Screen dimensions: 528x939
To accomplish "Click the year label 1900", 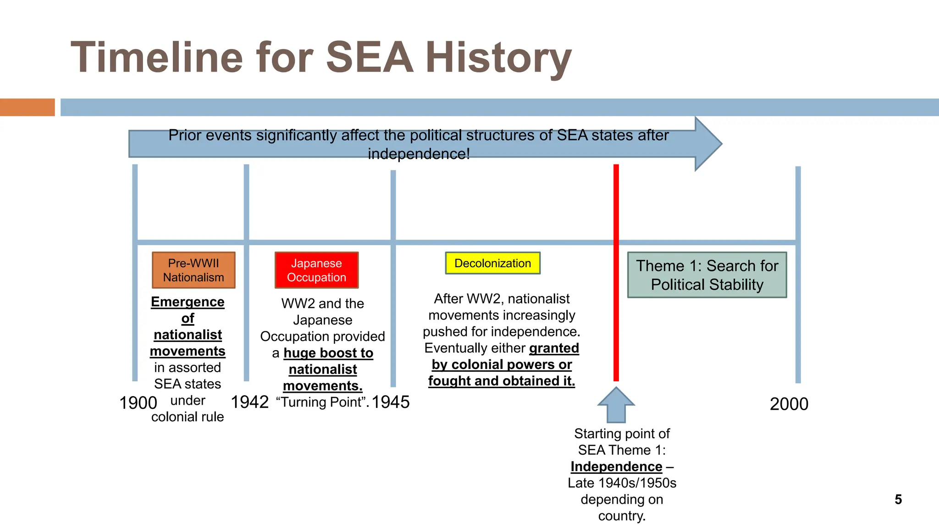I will pos(138,403).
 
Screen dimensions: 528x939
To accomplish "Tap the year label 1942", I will pos(249,402).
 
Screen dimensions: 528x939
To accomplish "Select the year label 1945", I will pos(391,402).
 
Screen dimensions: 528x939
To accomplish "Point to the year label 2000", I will pos(789,404).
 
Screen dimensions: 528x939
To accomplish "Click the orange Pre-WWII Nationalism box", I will pos(193,270).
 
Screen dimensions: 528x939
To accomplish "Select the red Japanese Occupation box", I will pos(316,270).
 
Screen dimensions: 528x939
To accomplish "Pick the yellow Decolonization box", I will pos(492,263).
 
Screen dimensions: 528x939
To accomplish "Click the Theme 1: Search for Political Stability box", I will pos(707,275).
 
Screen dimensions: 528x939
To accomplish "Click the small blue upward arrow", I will pos(616,405).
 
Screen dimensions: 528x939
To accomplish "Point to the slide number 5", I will pos(898,499).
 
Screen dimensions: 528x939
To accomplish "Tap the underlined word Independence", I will pos(616,467).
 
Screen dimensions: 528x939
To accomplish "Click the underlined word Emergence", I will pos(188,302).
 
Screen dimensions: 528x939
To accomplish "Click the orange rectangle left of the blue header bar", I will pos(27,107).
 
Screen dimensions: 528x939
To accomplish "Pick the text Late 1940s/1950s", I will pos(622,483).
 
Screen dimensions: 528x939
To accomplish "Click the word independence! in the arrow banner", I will pos(419,154).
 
